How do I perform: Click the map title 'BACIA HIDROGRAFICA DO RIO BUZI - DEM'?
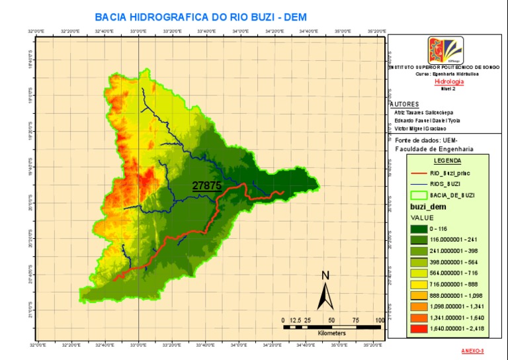click(206, 17)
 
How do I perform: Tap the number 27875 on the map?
click(206, 186)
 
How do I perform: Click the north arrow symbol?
click(325, 291)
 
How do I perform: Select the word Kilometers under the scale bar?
click(331, 333)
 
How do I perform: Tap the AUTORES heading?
click(405, 105)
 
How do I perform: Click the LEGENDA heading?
click(447, 160)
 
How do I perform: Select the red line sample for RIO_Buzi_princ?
click(424, 173)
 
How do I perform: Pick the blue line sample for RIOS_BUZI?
click(424, 183)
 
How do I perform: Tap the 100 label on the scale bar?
click(380, 320)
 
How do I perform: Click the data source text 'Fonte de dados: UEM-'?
click(423, 141)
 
